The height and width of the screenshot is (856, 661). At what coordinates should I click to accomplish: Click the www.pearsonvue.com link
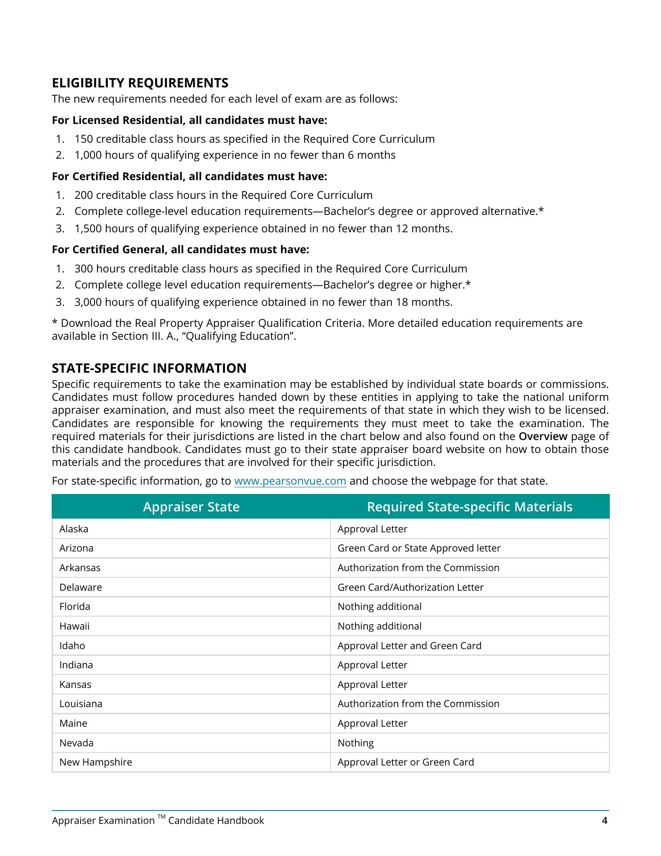(290, 481)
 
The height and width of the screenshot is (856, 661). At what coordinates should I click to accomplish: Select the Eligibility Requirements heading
(140, 83)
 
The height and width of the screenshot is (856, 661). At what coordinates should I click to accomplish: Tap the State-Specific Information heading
(149, 368)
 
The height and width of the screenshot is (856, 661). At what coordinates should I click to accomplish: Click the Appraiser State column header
(191, 507)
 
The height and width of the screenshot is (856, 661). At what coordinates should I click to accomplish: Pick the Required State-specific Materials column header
(469, 507)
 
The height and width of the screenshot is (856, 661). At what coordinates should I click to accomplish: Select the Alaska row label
(74, 529)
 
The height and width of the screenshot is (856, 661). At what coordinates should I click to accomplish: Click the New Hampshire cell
(96, 762)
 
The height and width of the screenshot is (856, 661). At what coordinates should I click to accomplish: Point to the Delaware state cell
(81, 588)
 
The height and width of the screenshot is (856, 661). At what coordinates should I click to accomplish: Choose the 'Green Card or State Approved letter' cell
(419, 548)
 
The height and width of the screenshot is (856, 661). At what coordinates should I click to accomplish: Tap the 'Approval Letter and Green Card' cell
(409, 646)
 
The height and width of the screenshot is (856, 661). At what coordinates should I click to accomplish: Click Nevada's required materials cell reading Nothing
(355, 743)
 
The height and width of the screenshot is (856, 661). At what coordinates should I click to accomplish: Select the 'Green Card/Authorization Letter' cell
(410, 588)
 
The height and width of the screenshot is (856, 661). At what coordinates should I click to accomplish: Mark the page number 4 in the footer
(604, 821)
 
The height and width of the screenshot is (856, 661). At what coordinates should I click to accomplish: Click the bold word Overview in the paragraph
(543, 436)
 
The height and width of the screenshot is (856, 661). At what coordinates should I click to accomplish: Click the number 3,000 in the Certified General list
(88, 302)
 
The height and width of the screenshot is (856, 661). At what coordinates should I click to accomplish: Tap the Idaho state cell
(72, 646)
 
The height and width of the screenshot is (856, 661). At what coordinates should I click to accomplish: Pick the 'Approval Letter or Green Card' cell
(405, 762)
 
